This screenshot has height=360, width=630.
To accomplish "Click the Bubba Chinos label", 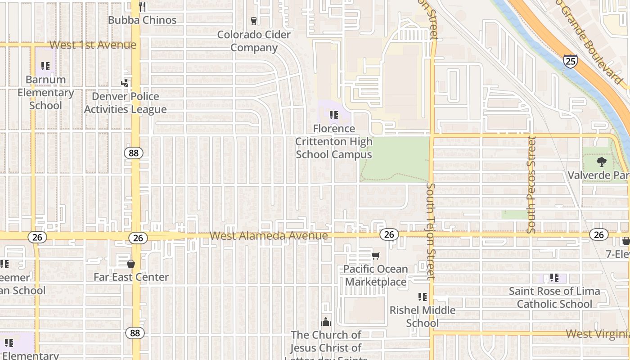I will (x=142, y=20).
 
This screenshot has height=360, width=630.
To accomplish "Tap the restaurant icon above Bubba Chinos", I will (x=142, y=6).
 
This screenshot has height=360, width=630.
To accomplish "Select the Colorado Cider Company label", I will (x=254, y=41).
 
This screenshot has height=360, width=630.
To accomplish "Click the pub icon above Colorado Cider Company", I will (x=253, y=21).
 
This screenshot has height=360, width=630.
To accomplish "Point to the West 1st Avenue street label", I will (x=93, y=45).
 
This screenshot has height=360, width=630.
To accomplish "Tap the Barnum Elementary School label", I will (x=45, y=92).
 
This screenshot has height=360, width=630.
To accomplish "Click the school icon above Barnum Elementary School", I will (x=45, y=66).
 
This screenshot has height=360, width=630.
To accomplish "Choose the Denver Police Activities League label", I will (x=125, y=103).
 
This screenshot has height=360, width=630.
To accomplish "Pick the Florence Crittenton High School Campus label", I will (x=334, y=141).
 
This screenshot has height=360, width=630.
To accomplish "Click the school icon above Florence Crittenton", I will (x=334, y=115).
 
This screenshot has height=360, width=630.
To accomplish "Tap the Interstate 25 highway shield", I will (x=570, y=61).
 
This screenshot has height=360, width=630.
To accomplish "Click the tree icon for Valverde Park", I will (x=601, y=162).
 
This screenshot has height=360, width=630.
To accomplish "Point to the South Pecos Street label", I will (x=532, y=184).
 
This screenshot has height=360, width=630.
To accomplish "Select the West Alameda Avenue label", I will (x=269, y=236).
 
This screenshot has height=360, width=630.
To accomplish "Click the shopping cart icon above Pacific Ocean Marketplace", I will (x=375, y=256).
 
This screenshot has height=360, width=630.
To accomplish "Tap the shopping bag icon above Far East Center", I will (x=131, y=264).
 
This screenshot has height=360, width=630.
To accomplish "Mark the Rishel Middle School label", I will (x=423, y=316).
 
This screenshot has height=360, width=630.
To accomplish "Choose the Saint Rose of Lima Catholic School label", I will (x=554, y=297).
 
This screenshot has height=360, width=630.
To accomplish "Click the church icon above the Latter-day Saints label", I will (x=325, y=322).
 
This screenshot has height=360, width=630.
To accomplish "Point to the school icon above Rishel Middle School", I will (x=423, y=297).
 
